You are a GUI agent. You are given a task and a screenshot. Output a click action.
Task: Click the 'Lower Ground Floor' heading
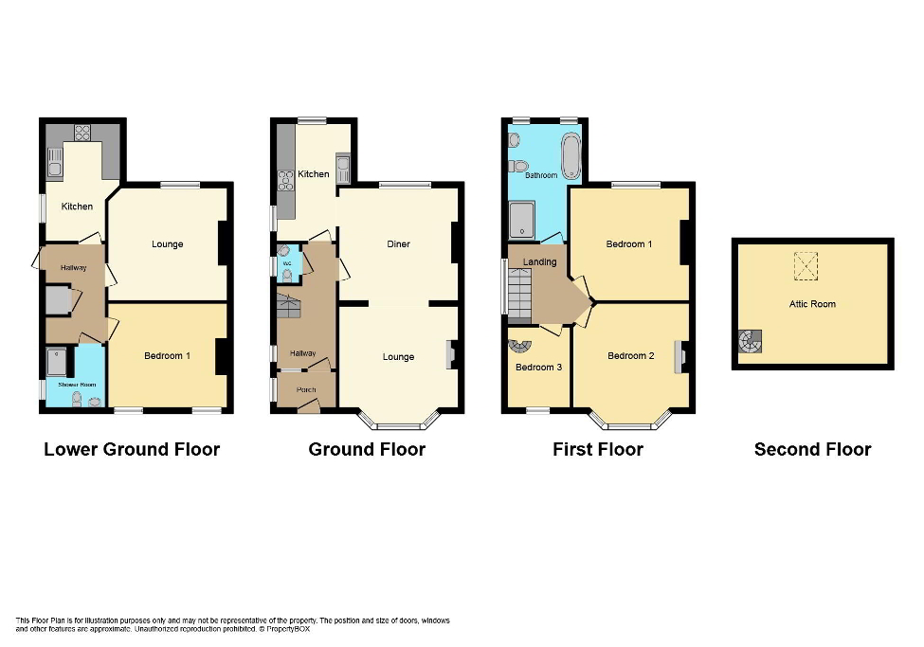132,449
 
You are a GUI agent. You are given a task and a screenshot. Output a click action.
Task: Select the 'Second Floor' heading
812,449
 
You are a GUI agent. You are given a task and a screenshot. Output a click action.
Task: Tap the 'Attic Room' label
812,304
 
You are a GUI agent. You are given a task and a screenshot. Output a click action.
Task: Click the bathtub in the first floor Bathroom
571,156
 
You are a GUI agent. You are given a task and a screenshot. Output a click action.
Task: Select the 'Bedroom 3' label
538,367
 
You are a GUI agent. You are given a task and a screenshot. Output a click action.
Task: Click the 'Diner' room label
398,244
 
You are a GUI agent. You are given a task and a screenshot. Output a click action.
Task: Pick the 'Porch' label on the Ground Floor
306,389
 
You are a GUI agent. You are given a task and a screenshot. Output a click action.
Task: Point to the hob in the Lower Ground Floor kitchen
82,134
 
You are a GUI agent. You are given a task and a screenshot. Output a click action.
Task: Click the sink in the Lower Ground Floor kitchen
55,163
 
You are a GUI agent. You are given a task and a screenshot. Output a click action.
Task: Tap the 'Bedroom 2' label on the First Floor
630,355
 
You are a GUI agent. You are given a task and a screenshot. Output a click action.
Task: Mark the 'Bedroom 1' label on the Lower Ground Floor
167,355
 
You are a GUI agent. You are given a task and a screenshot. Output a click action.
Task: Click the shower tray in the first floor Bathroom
521,220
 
